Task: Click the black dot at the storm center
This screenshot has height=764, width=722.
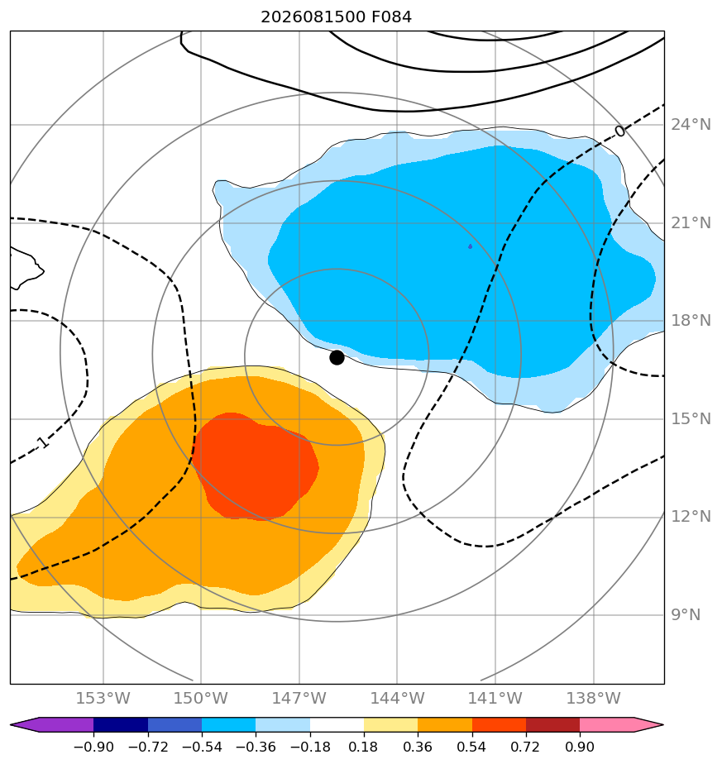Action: click(337, 358)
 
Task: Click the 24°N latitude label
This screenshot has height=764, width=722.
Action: click(691, 125)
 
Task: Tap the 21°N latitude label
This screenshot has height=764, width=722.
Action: click(691, 222)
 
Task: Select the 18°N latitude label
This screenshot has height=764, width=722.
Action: click(691, 320)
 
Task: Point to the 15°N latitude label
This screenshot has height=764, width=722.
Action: click(691, 418)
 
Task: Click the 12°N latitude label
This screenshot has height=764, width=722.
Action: click(691, 516)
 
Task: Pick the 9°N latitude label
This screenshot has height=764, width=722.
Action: click(686, 614)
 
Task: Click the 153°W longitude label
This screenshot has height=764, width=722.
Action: click(103, 698)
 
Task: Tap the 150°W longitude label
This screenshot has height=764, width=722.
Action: click(201, 698)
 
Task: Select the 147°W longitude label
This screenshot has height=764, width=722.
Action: click(299, 698)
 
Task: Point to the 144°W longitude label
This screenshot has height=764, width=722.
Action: click(397, 698)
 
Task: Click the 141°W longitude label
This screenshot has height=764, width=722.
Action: click(495, 698)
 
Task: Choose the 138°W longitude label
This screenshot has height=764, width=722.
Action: click(593, 698)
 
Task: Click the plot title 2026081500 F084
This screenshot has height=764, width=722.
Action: click(337, 17)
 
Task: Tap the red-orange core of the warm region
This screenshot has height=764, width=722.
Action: click(256, 466)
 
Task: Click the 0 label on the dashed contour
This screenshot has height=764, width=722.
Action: click(619, 131)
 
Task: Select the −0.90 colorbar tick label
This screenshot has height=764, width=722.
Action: click(93, 747)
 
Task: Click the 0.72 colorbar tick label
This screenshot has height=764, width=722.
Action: click(525, 747)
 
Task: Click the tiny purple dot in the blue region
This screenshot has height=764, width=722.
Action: click(470, 246)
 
